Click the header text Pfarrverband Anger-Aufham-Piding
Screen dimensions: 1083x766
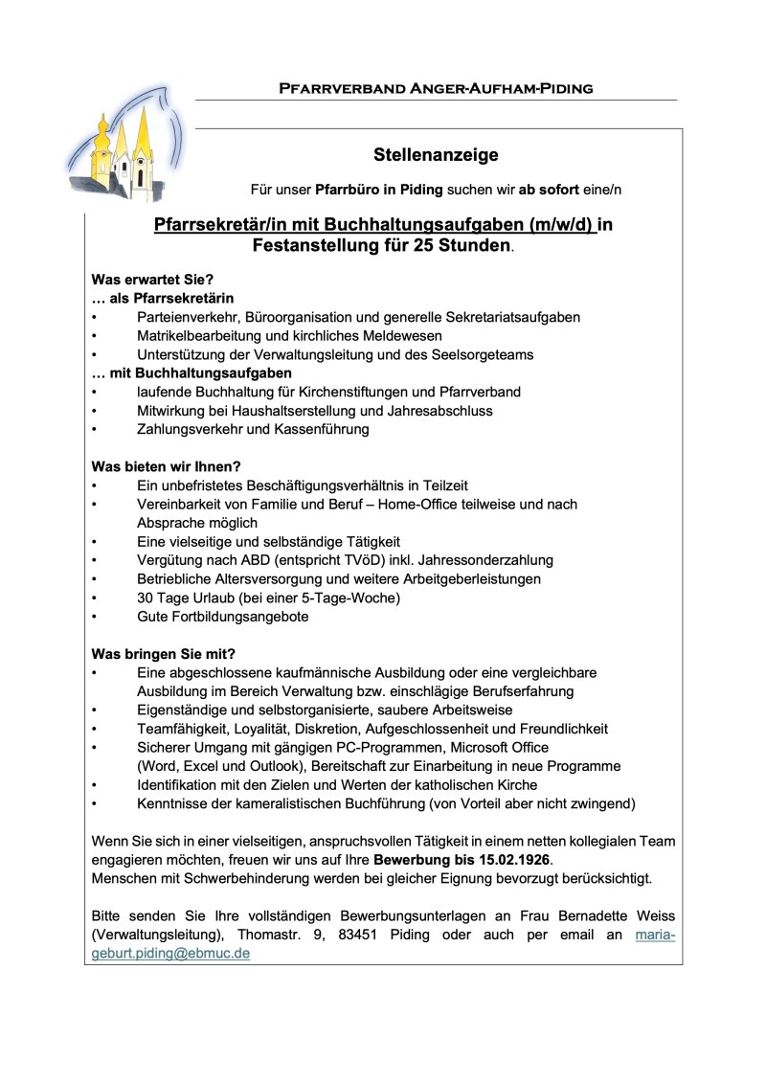coord(436,89)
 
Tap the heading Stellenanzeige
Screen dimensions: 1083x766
coord(436,155)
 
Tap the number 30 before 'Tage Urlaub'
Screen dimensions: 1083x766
coord(146,598)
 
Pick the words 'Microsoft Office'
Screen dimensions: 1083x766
coord(494,747)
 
